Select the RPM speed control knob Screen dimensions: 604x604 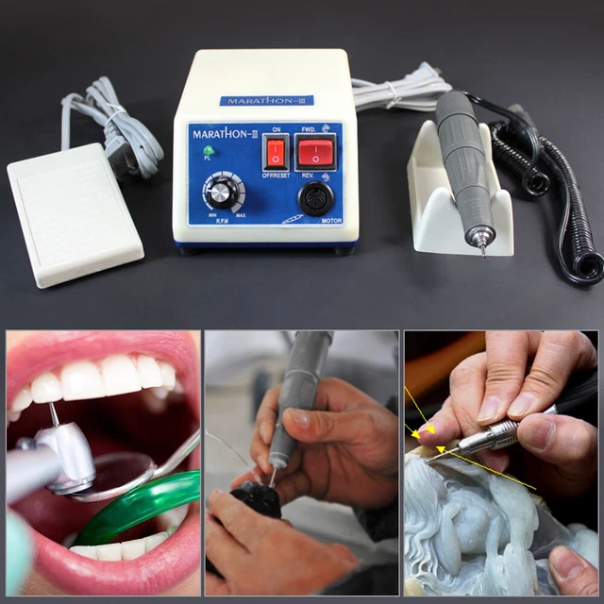click(x=221, y=193)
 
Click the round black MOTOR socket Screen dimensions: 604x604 click(x=314, y=199)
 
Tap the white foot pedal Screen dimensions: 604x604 click(x=75, y=212)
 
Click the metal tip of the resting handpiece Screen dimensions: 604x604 click(x=482, y=245)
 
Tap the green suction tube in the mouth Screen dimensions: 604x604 click(x=142, y=510)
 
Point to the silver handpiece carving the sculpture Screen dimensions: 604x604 click(x=491, y=436)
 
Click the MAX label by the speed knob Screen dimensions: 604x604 click(x=241, y=216)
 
